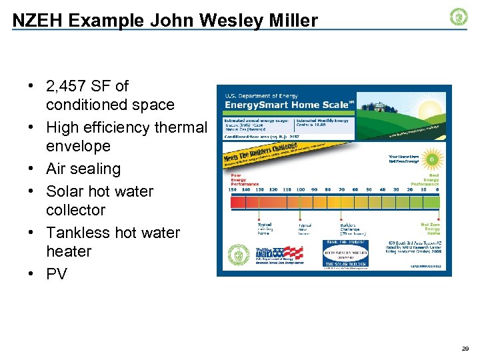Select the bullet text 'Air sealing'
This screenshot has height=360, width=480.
[x=83, y=169]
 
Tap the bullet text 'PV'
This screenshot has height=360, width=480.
[x=57, y=274]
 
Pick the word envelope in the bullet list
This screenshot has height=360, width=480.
[x=78, y=145]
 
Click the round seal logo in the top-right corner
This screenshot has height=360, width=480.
[x=459, y=17]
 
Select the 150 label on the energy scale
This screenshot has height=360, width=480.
[x=232, y=189]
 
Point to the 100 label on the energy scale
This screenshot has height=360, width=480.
[x=301, y=189]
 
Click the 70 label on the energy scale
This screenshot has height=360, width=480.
[x=341, y=189]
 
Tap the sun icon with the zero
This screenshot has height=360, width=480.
[x=431, y=161]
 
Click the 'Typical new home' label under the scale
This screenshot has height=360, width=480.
[x=305, y=229]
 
